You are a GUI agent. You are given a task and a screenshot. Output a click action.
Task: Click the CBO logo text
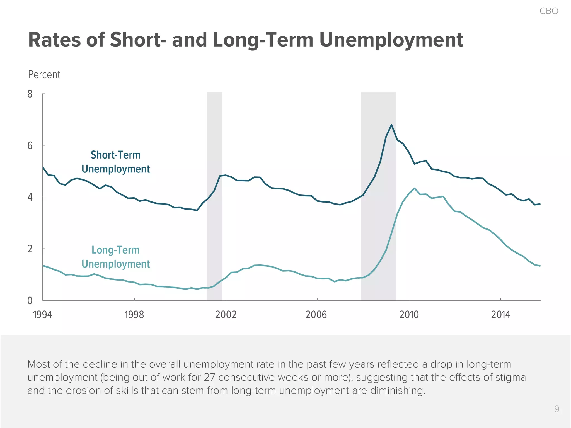click(x=549, y=11)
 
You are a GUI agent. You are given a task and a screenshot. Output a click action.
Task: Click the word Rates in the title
click(x=54, y=40)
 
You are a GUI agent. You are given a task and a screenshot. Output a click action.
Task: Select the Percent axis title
click(x=44, y=75)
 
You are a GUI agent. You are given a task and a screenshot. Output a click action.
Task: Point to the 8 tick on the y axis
click(x=30, y=94)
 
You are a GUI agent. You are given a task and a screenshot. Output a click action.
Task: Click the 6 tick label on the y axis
click(x=30, y=145)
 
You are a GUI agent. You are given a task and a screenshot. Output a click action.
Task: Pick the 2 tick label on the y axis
click(x=30, y=249)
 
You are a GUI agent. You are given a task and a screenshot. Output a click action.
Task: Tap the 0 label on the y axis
click(x=30, y=301)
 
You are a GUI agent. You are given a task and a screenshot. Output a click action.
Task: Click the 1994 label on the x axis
click(x=42, y=315)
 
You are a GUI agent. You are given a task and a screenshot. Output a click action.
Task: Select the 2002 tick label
click(x=226, y=315)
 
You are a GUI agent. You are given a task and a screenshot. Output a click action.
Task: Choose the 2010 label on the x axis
click(x=409, y=315)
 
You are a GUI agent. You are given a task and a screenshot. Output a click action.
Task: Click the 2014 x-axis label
click(x=500, y=315)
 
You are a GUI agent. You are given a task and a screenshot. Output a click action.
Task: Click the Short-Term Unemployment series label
click(x=116, y=162)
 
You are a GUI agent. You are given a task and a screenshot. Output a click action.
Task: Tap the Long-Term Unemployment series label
click(x=116, y=257)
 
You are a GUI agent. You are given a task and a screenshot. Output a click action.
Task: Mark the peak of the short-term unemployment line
click(x=391, y=125)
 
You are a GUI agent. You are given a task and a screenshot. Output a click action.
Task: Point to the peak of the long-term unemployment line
click(x=414, y=188)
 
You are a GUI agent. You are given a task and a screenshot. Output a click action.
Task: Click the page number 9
click(x=557, y=409)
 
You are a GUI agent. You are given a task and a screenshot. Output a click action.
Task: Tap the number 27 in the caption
click(x=209, y=377)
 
